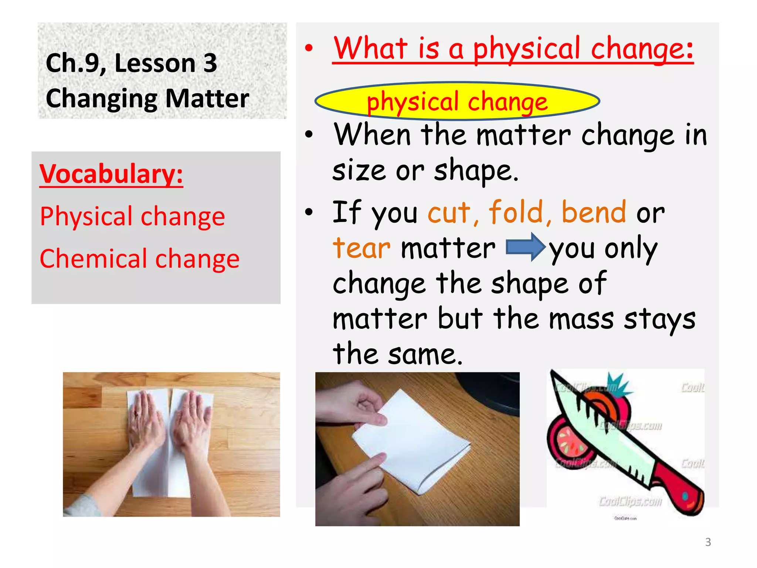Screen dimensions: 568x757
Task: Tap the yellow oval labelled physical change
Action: [x=457, y=101]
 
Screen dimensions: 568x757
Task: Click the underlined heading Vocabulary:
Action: [x=111, y=174]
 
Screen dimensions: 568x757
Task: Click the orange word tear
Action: [x=361, y=248]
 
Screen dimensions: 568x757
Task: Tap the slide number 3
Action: [x=708, y=542]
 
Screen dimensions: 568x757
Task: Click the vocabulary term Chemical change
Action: [x=139, y=258]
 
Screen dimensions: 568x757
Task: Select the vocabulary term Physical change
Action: [x=132, y=216]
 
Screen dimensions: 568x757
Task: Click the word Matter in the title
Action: [x=207, y=99]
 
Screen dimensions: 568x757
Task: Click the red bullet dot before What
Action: [x=309, y=48]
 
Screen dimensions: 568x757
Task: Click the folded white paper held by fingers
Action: [x=410, y=440]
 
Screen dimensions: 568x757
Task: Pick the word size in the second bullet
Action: [x=359, y=171]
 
